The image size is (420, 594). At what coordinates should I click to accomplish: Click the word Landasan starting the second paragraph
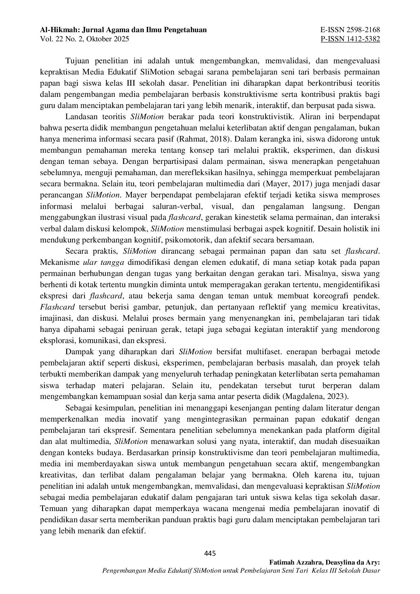click(x=80, y=117)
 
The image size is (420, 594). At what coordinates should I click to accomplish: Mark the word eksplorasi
click(x=55, y=340)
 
